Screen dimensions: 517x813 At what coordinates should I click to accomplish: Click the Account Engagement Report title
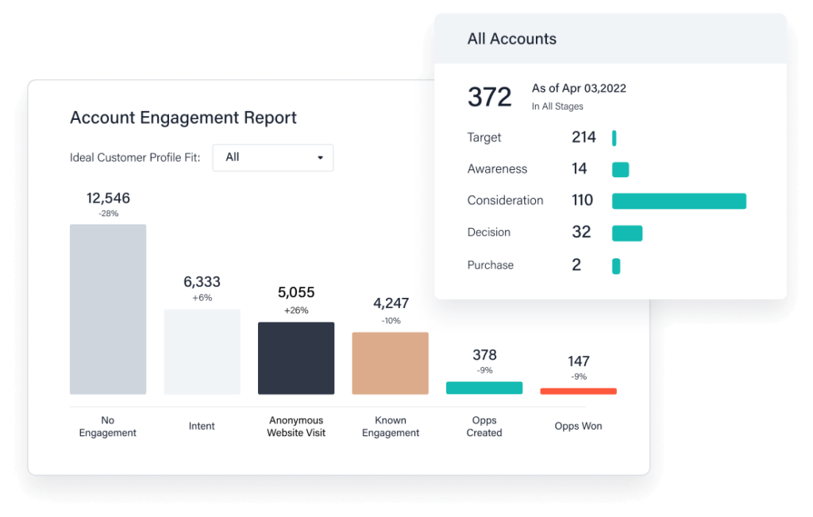183,118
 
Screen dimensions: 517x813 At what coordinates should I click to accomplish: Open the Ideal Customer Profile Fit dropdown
273,157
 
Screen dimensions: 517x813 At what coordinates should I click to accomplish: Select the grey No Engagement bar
108,309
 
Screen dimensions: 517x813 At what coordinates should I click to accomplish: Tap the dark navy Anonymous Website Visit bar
296,358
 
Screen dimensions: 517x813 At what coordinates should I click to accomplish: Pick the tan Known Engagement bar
390,363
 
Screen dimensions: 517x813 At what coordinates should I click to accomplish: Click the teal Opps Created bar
484,388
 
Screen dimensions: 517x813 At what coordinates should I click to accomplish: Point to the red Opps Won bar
578,391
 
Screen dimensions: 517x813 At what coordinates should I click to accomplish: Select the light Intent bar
202,352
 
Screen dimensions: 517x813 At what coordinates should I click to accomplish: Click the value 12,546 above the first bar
108,199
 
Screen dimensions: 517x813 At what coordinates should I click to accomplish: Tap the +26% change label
296,311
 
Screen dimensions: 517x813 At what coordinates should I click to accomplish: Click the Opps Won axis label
578,426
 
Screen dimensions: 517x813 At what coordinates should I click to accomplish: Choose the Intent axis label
202,426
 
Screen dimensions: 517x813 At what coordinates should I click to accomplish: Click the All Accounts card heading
512,39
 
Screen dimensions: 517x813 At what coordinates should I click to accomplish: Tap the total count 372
490,97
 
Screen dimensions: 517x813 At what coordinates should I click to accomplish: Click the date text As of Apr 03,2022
579,88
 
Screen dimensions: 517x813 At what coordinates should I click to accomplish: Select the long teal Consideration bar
679,201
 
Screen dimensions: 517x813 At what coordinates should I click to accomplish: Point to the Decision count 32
582,232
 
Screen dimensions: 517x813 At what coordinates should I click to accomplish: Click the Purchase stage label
491,265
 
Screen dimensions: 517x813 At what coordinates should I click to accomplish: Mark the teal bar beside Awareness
620,169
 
